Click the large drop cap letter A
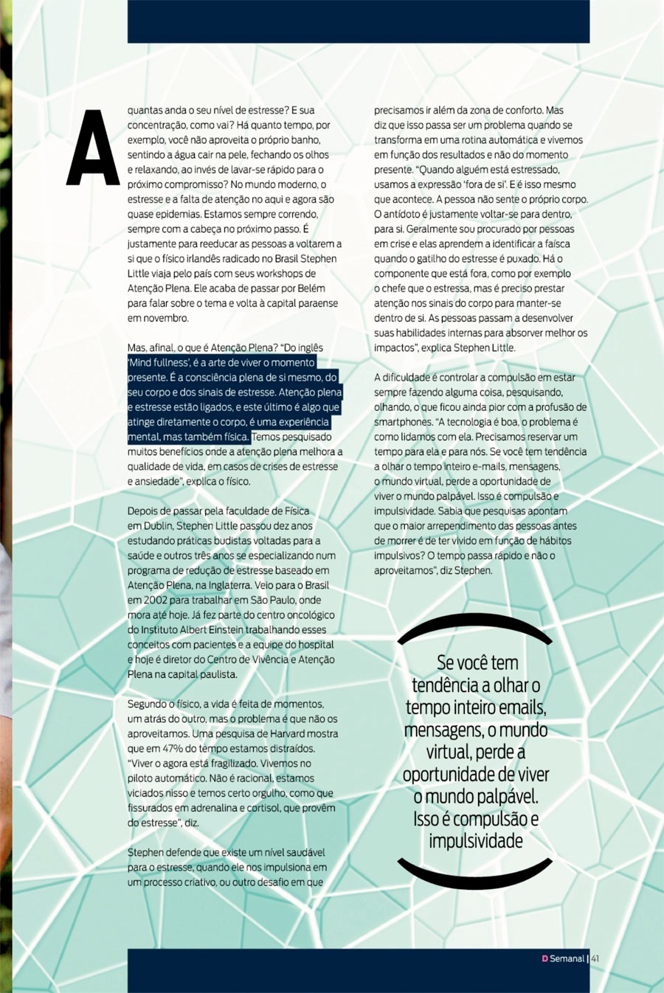pos(93,148)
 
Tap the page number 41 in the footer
pos(595,958)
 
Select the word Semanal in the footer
pos(567,958)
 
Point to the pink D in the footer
pos(544,958)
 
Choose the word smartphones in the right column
pos(403,422)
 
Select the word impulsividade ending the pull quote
pos(476,841)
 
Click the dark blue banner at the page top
pos(359,21)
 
